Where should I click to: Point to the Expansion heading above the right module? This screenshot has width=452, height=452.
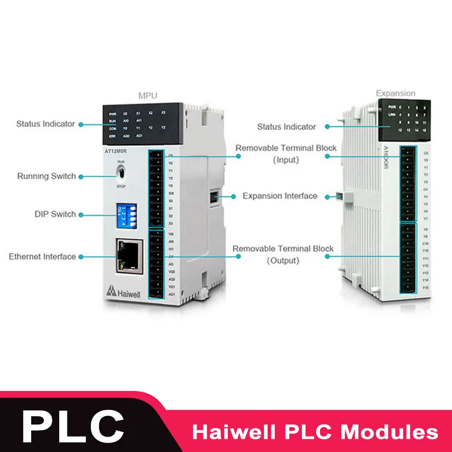[x=395, y=94]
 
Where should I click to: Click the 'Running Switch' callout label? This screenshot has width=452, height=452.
[x=47, y=176]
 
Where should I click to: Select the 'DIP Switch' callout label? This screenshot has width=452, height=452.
[x=55, y=214]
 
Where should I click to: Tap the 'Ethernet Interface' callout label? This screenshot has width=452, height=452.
[x=42, y=257]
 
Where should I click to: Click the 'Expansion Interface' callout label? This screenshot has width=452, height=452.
[x=280, y=196]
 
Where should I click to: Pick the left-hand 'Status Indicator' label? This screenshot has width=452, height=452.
[x=46, y=123]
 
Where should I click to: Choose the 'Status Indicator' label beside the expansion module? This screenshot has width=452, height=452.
[x=287, y=127]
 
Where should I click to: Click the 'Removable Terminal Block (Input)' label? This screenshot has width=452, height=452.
[x=286, y=154]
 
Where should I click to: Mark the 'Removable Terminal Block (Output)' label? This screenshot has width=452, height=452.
[x=283, y=254]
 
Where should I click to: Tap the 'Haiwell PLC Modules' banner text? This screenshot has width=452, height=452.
[x=315, y=431]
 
